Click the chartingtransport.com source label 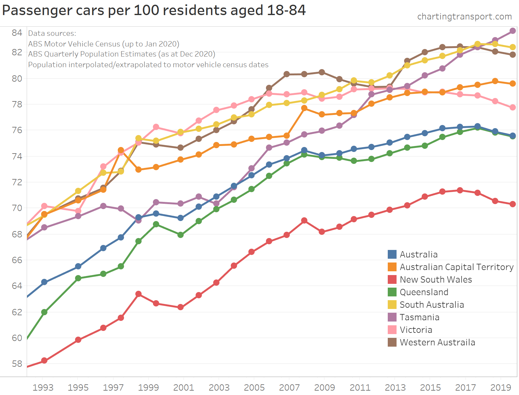[x=464, y=16]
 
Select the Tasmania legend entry [x=419, y=317]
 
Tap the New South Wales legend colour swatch [x=392, y=279]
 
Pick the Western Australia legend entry [x=437, y=342]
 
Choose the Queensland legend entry [x=424, y=292]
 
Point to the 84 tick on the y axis [x=17, y=33]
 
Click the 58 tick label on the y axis [x=17, y=364]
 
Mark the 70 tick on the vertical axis [x=17, y=208]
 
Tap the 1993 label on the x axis [x=43, y=387]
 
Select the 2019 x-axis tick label [x=501, y=387]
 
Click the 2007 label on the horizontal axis [x=289, y=387]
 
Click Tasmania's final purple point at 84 [x=513, y=31]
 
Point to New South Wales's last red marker [x=513, y=204]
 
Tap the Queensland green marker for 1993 [x=44, y=312]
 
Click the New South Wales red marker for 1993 [x=44, y=360]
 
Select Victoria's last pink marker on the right [x=513, y=107]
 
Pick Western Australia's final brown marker [x=513, y=55]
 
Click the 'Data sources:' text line [x=52, y=33]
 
